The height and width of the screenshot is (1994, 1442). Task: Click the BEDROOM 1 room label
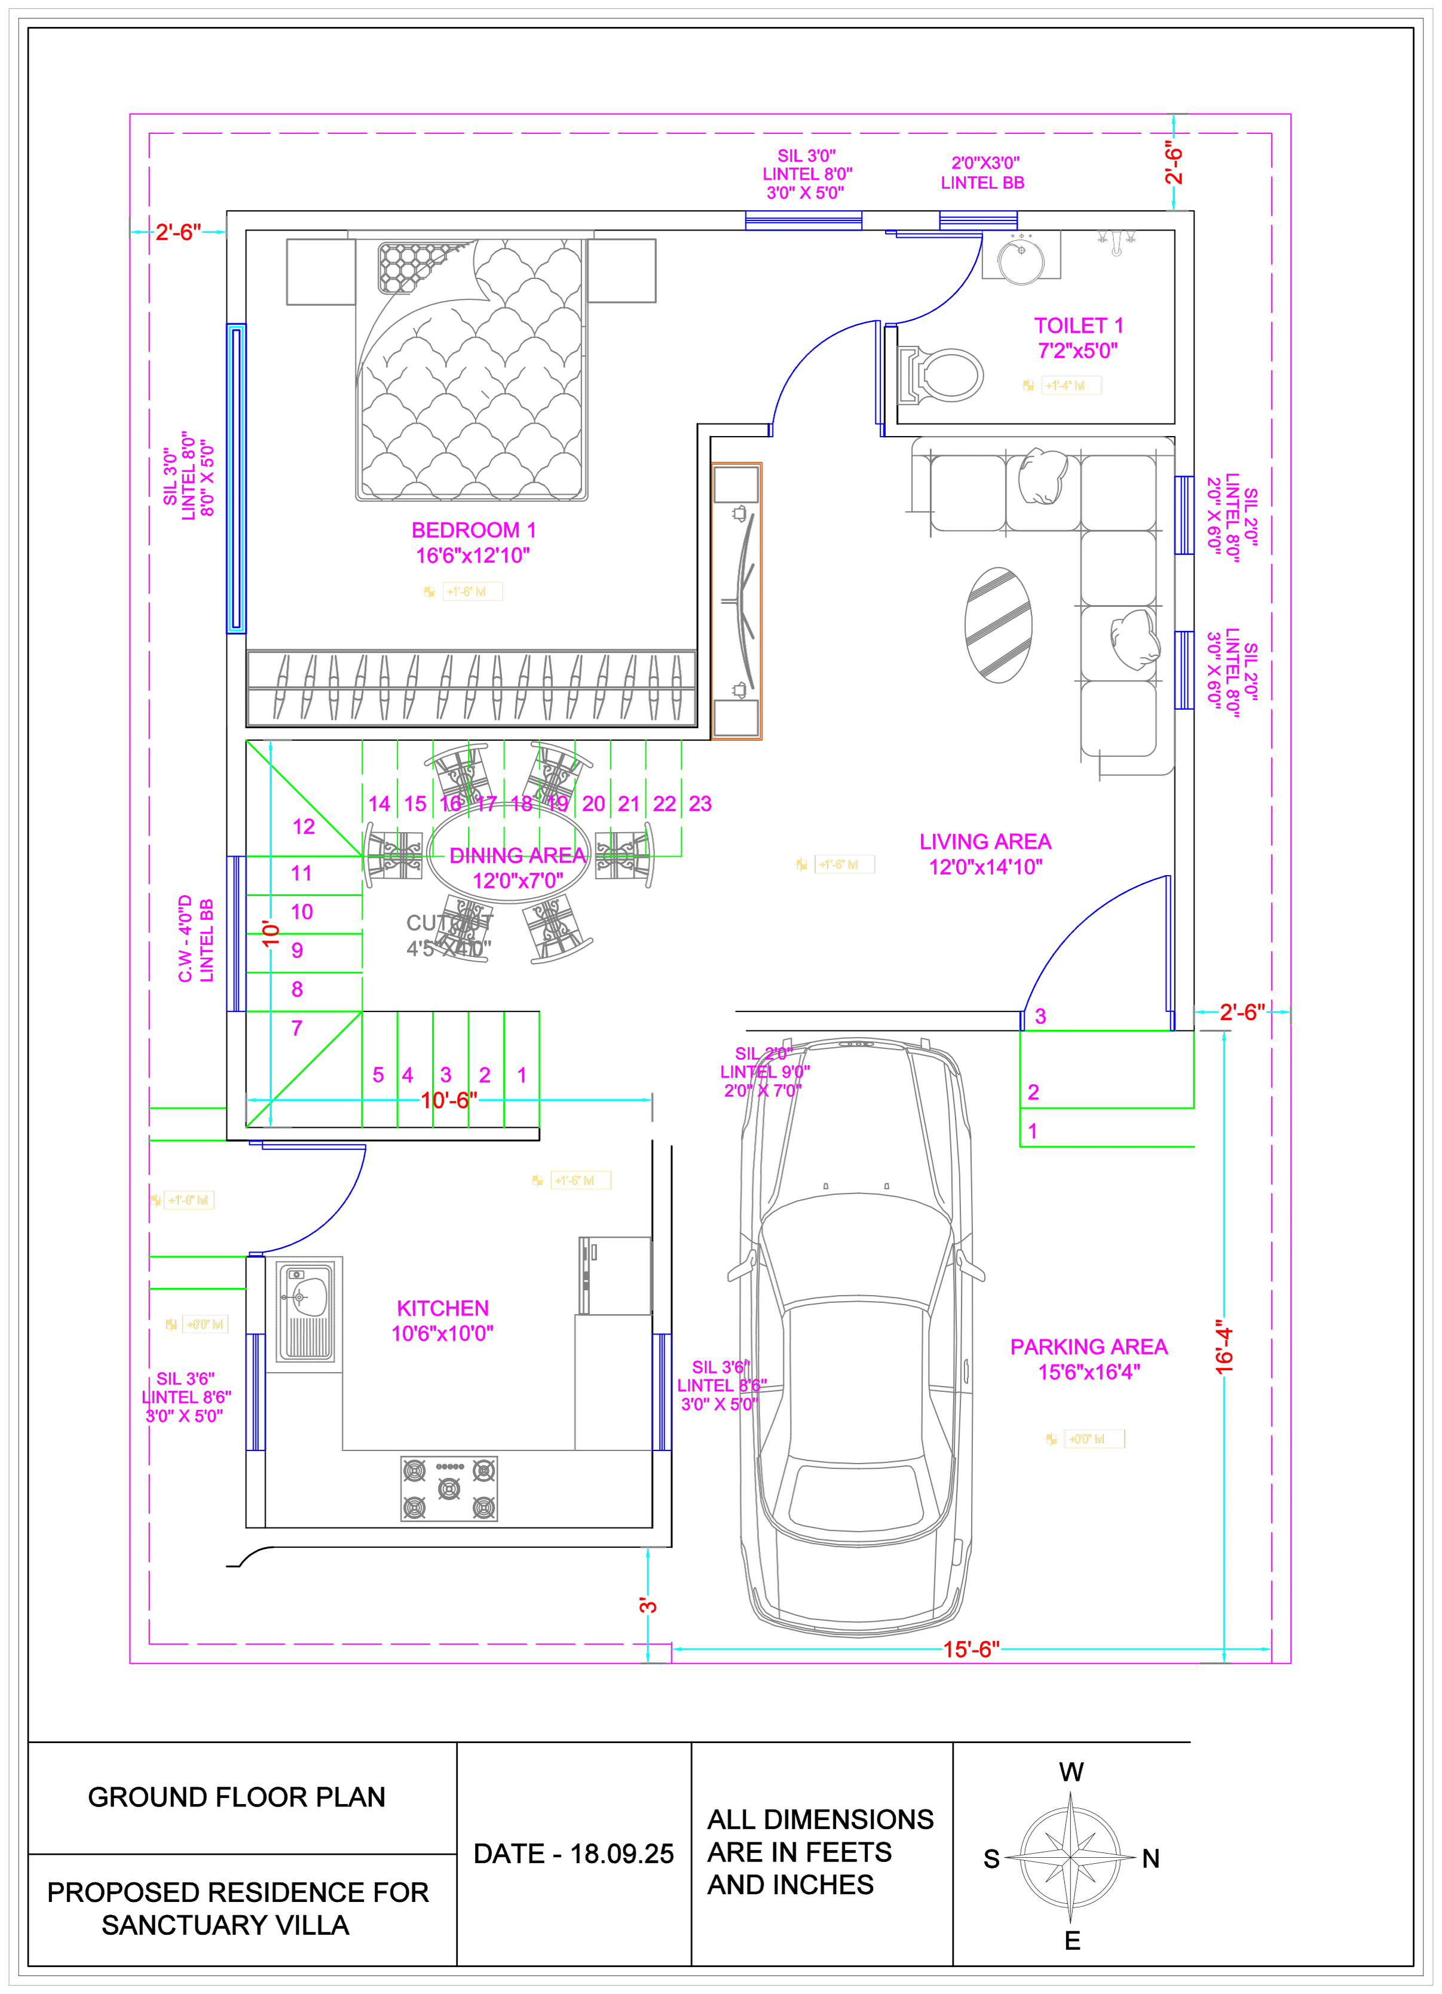[473, 531]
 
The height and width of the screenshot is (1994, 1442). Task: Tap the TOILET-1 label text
[1078, 326]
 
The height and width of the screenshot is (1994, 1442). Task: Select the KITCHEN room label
[443, 1309]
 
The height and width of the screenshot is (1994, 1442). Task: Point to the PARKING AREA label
[1089, 1347]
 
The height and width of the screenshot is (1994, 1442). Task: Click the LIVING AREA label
[985, 841]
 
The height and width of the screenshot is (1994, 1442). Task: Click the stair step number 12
[304, 827]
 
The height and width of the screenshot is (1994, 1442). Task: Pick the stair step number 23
[700, 803]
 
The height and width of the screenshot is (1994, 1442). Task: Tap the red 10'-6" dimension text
[449, 1100]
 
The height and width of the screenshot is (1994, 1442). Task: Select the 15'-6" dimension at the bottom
[972, 1651]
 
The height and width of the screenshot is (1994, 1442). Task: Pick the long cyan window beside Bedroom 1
[235, 478]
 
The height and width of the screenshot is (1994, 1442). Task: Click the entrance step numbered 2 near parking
[1034, 1092]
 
